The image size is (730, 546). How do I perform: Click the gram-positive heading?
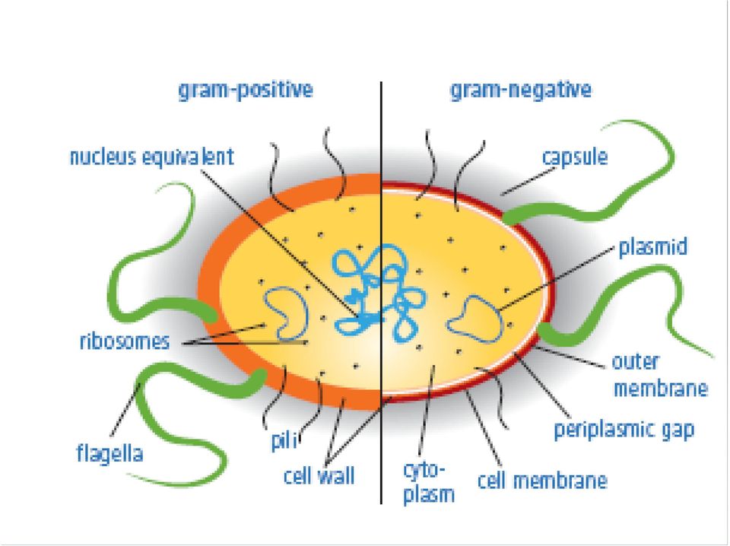pos(246,90)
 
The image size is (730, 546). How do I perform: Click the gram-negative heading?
pos(520,90)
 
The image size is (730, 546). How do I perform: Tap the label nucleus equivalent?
pos(152,157)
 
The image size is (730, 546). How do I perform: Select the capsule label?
pos(575,157)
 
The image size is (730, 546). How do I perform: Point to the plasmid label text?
pos(652,246)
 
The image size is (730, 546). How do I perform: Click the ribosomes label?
pos(125,341)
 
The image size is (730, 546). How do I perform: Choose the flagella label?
pos(109,453)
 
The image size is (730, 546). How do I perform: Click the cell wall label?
pos(319,476)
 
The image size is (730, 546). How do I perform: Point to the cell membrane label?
pos(542,481)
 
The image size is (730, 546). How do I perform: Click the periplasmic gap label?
pos(624,430)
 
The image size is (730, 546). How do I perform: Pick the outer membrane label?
pos(660,375)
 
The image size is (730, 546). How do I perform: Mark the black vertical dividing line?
pos(381,292)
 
